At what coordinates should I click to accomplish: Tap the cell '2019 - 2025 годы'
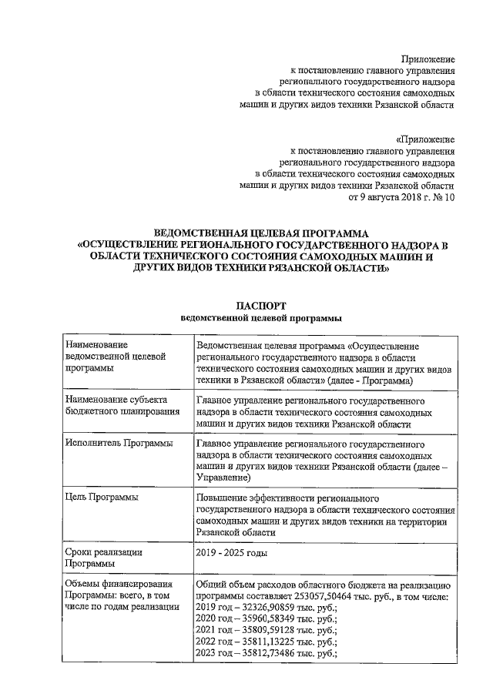[x=234, y=552]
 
